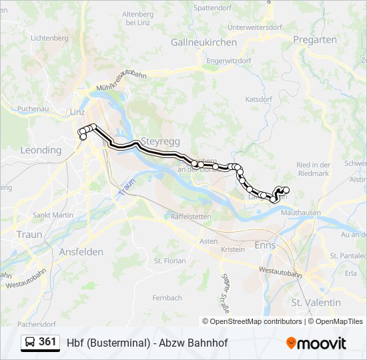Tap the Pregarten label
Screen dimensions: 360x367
point(315,40)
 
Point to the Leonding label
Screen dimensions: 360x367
point(41,150)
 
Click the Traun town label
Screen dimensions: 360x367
point(29,235)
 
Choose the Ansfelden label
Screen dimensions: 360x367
point(81,251)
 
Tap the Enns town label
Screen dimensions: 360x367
point(266,245)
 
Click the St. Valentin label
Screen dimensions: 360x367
point(316,302)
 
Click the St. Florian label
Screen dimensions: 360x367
point(170,261)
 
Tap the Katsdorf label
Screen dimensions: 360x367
point(259,99)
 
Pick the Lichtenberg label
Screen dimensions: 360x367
point(50,38)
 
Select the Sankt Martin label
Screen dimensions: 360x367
point(53,215)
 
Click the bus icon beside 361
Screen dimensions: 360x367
point(31,342)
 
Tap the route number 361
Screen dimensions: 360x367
point(48,342)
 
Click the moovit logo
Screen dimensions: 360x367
point(316,343)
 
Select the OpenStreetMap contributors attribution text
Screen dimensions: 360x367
point(256,321)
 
